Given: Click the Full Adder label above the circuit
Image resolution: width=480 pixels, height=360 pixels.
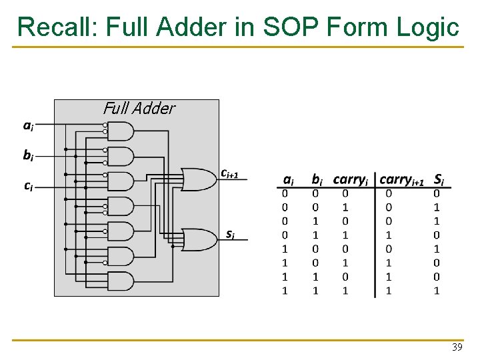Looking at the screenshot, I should point(139,109).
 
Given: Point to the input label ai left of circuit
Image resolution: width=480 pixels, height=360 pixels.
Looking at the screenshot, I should point(29,125).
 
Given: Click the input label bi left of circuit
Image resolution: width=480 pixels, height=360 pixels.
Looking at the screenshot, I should point(29,155).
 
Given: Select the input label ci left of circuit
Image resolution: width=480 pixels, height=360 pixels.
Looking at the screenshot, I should point(29,186).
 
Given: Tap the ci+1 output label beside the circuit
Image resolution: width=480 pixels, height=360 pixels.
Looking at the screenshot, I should point(229,173).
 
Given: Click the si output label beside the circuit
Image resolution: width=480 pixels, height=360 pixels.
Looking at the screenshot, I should point(229,234).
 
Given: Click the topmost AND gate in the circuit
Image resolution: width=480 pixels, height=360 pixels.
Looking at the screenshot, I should point(120,131).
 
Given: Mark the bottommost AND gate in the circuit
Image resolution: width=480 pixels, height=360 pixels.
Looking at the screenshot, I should point(120,279).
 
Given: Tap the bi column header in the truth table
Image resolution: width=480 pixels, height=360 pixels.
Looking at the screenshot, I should point(316,179).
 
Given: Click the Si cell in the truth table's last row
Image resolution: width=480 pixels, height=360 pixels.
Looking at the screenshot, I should point(437,290).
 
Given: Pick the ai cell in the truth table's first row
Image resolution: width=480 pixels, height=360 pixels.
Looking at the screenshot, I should point(285,193).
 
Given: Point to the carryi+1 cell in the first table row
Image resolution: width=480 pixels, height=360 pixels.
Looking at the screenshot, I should point(389,193).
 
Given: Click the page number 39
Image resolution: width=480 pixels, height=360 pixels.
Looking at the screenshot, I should point(457,347).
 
